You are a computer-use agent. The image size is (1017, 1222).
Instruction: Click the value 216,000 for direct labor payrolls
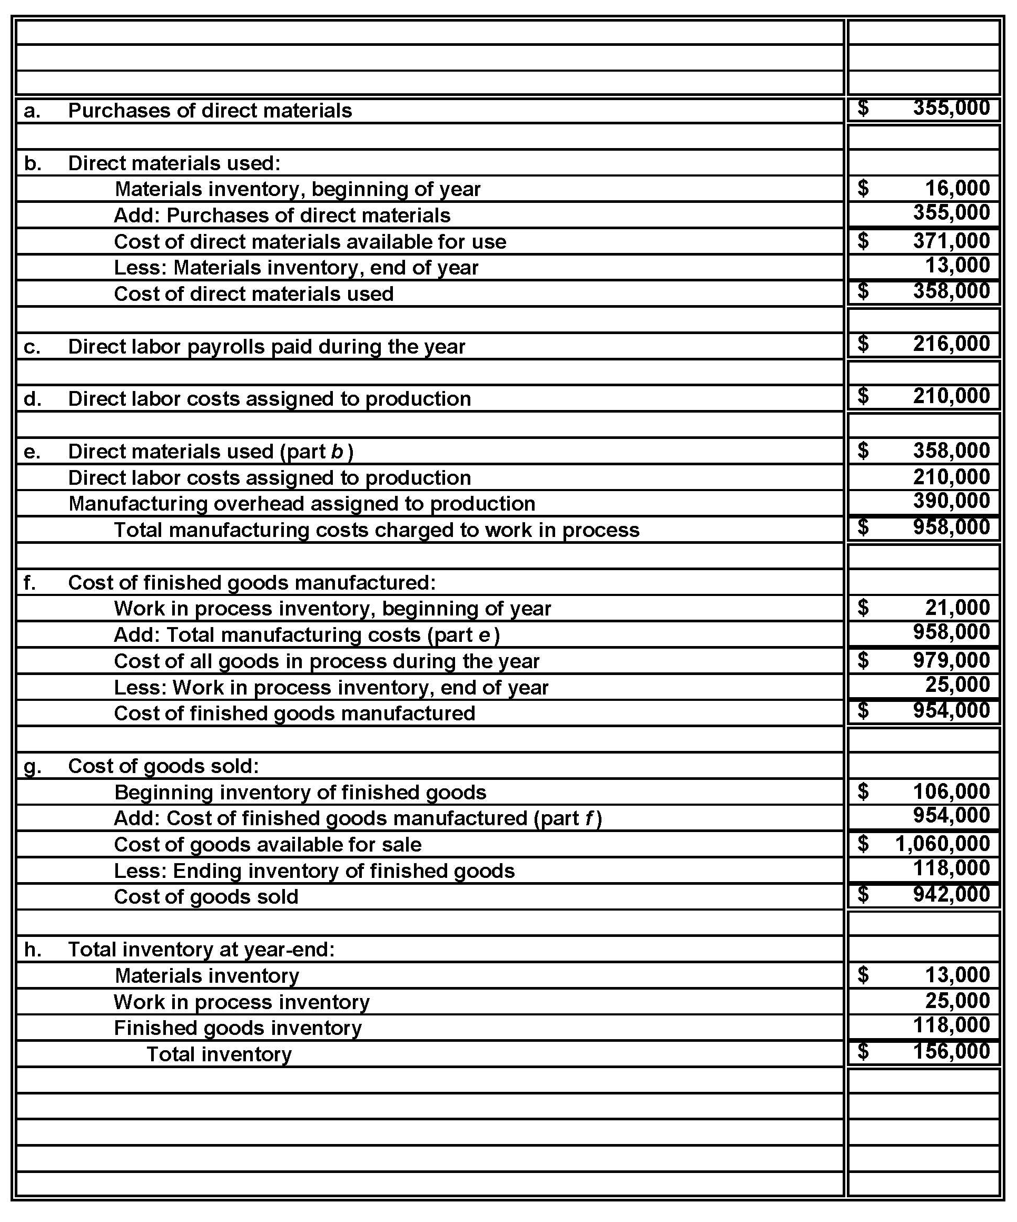[x=951, y=344]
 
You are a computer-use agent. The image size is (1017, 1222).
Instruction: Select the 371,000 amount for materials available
[x=951, y=240]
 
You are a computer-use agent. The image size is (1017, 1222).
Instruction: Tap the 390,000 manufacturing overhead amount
[x=951, y=501]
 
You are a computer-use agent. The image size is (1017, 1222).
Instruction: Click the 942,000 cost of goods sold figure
[x=951, y=894]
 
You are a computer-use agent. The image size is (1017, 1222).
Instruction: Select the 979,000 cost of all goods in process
[x=951, y=660]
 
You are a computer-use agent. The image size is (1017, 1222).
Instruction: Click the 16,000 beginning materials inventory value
[x=957, y=188]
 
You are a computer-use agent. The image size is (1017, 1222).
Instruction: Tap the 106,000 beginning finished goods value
[x=951, y=791]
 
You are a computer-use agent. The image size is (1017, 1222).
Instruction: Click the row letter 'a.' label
[x=32, y=111]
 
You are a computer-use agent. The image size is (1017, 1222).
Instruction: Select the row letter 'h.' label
[x=33, y=949]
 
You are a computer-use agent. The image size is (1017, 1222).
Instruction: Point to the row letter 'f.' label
[x=29, y=582]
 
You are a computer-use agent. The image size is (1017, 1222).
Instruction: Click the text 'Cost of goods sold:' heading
[x=163, y=766]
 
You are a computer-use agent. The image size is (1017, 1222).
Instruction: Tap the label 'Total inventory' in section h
[x=219, y=1054]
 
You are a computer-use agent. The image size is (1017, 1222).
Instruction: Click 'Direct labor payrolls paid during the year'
[x=266, y=346]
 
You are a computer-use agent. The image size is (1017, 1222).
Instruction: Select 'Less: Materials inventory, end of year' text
[x=296, y=267]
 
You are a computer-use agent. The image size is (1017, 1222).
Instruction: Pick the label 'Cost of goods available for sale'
[x=268, y=844]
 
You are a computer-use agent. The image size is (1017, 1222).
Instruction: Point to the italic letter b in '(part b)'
[x=336, y=451]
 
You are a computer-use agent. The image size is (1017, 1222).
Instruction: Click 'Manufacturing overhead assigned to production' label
[x=301, y=503]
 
